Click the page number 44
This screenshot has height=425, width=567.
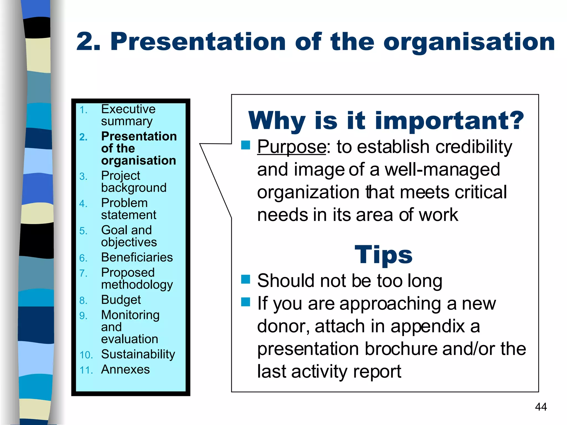click(x=541, y=407)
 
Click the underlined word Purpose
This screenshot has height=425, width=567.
click(x=292, y=147)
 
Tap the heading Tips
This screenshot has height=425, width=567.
click(x=383, y=255)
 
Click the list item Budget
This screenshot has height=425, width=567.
click(x=121, y=300)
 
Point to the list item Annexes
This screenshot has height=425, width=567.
click(x=125, y=369)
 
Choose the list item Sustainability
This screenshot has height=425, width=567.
click(x=138, y=354)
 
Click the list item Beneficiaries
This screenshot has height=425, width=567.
click(x=137, y=257)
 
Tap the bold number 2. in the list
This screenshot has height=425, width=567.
click(x=83, y=137)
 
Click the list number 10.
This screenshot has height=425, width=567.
click(x=86, y=355)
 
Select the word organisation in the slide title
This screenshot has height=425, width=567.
click(x=469, y=42)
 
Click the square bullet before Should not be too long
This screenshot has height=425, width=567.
click(x=246, y=279)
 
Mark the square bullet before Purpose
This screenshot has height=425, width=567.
click(x=246, y=145)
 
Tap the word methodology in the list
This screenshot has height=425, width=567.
click(x=137, y=285)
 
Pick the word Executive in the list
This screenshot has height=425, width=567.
click(x=128, y=109)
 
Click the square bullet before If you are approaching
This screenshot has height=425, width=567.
click(x=246, y=302)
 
